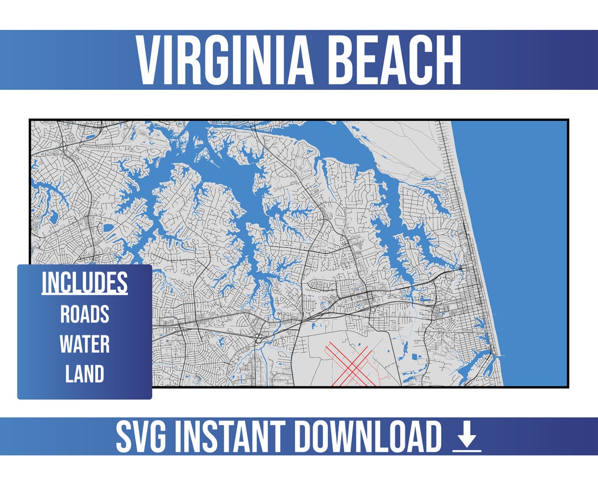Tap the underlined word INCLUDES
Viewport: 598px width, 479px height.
85,283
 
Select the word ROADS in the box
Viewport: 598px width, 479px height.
85,314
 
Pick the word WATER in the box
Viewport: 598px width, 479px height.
85,344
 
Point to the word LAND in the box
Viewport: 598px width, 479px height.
85,374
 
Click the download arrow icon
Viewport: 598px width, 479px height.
467,437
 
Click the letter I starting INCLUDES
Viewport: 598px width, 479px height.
44,283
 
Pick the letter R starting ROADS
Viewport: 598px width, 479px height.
65,314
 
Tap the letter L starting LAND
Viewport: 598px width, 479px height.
69,374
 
